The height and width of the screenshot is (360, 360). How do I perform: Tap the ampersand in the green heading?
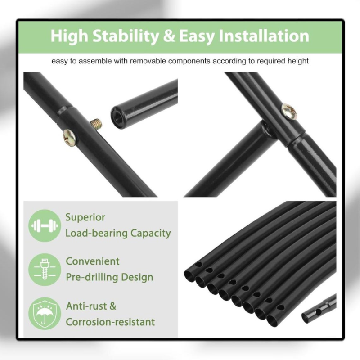tap(169, 36)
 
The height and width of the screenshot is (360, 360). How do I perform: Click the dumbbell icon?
tap(45, 226)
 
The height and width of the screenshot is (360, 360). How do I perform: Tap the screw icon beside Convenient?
tap(45, 270)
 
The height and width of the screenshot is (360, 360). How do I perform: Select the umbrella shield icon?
tap(45, 313)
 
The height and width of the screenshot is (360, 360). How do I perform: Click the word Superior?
tap(85, 217)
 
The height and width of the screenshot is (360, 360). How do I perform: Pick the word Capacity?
tap(151, 234)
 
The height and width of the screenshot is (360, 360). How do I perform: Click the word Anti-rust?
tap(86, 306)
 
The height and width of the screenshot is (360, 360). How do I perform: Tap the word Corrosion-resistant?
tap(110, 322)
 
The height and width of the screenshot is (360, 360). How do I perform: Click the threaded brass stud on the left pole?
tap(96, 124)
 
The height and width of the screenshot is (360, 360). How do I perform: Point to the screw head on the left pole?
tap(70, 138)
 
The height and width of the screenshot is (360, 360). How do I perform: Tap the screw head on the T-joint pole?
tap(288, 111)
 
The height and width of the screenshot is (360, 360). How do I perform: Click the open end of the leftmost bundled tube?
tap(189, 274)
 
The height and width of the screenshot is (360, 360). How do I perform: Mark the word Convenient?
tap(93, 261)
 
